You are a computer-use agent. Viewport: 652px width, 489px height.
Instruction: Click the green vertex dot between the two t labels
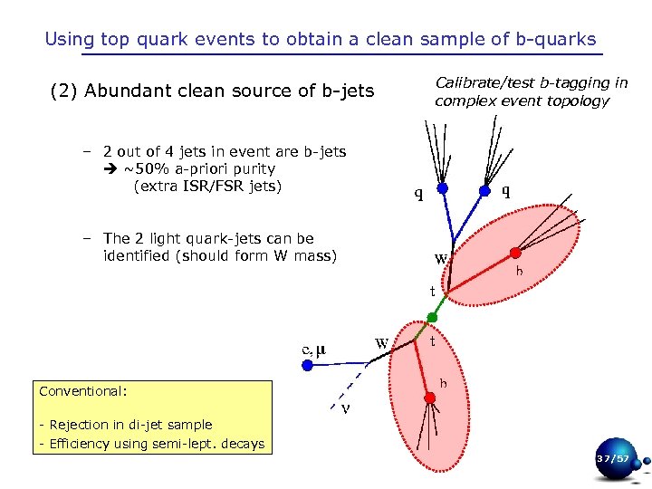(x=432, y=318)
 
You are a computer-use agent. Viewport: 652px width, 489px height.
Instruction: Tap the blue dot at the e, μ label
(x=307, y=366)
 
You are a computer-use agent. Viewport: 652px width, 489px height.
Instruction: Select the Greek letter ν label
(x=345, y=407)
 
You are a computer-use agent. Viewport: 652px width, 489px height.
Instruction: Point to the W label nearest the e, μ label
(x=382, y=343)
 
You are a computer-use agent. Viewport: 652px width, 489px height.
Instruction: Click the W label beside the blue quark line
(x=441, y=258)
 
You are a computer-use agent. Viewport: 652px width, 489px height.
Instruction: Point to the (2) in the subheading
(x=63, y=91)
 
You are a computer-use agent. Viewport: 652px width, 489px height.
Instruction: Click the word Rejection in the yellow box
(x=80, y=425)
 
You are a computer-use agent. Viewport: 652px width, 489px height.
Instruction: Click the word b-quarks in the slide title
(x=558, y=39)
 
